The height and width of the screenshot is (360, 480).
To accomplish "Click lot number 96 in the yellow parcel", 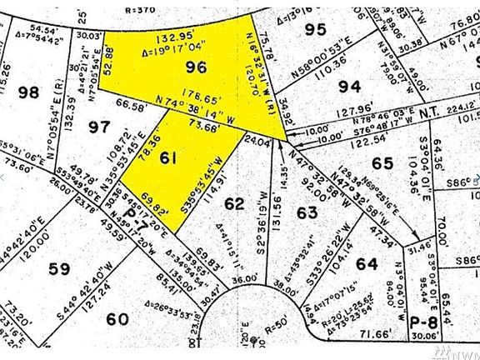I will click(x=195, y=67).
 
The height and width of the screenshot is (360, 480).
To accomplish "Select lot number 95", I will click(x=314, y=30).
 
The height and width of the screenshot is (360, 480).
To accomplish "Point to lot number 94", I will click(x=350, y=86).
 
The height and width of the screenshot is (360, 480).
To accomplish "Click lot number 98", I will click(x=28, y=92).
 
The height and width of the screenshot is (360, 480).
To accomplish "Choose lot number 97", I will click(x=100, y=127).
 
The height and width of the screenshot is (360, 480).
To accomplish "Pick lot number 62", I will click(x=235, y=203).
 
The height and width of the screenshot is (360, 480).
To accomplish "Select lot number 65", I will click(x=382, y=163).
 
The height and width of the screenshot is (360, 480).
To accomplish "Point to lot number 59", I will click(x=58, y=269).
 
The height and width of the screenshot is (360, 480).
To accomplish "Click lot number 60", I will click(x=117, y=317).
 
